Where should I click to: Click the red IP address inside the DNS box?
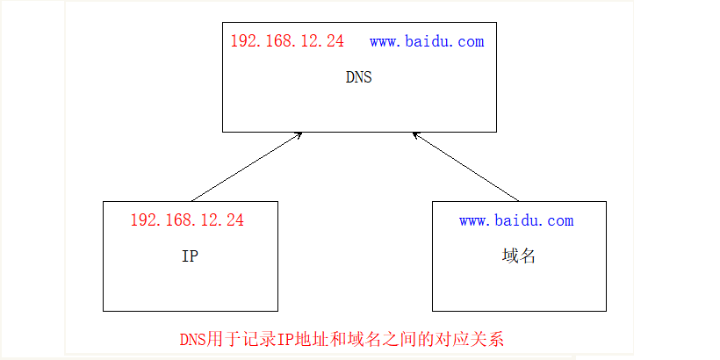click(x=287, y=41)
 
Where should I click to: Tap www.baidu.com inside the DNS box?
click(x=427, y=41)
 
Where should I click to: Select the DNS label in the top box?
click(x=358, y=77)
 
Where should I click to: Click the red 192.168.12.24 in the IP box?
click(x=187, y=220)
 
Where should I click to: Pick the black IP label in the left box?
click(x=189, y=256)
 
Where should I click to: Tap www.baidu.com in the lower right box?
click(x=516, y=220)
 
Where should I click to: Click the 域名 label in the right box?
click(x=519, y=256)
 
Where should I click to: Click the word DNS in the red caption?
click(x=194, y=339)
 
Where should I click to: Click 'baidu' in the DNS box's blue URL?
click(x=428, y=41)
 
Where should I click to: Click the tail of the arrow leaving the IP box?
click(x=193, y=199)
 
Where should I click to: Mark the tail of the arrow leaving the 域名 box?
click(x=517, y=199)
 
